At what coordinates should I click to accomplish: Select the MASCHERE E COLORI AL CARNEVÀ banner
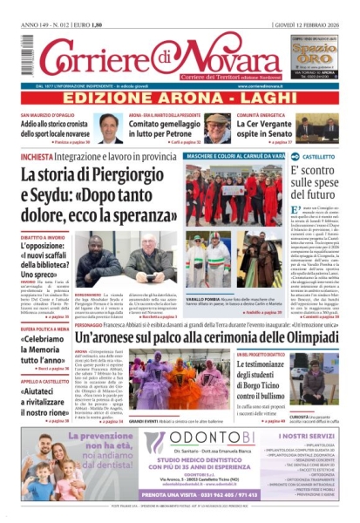[236, 157]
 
